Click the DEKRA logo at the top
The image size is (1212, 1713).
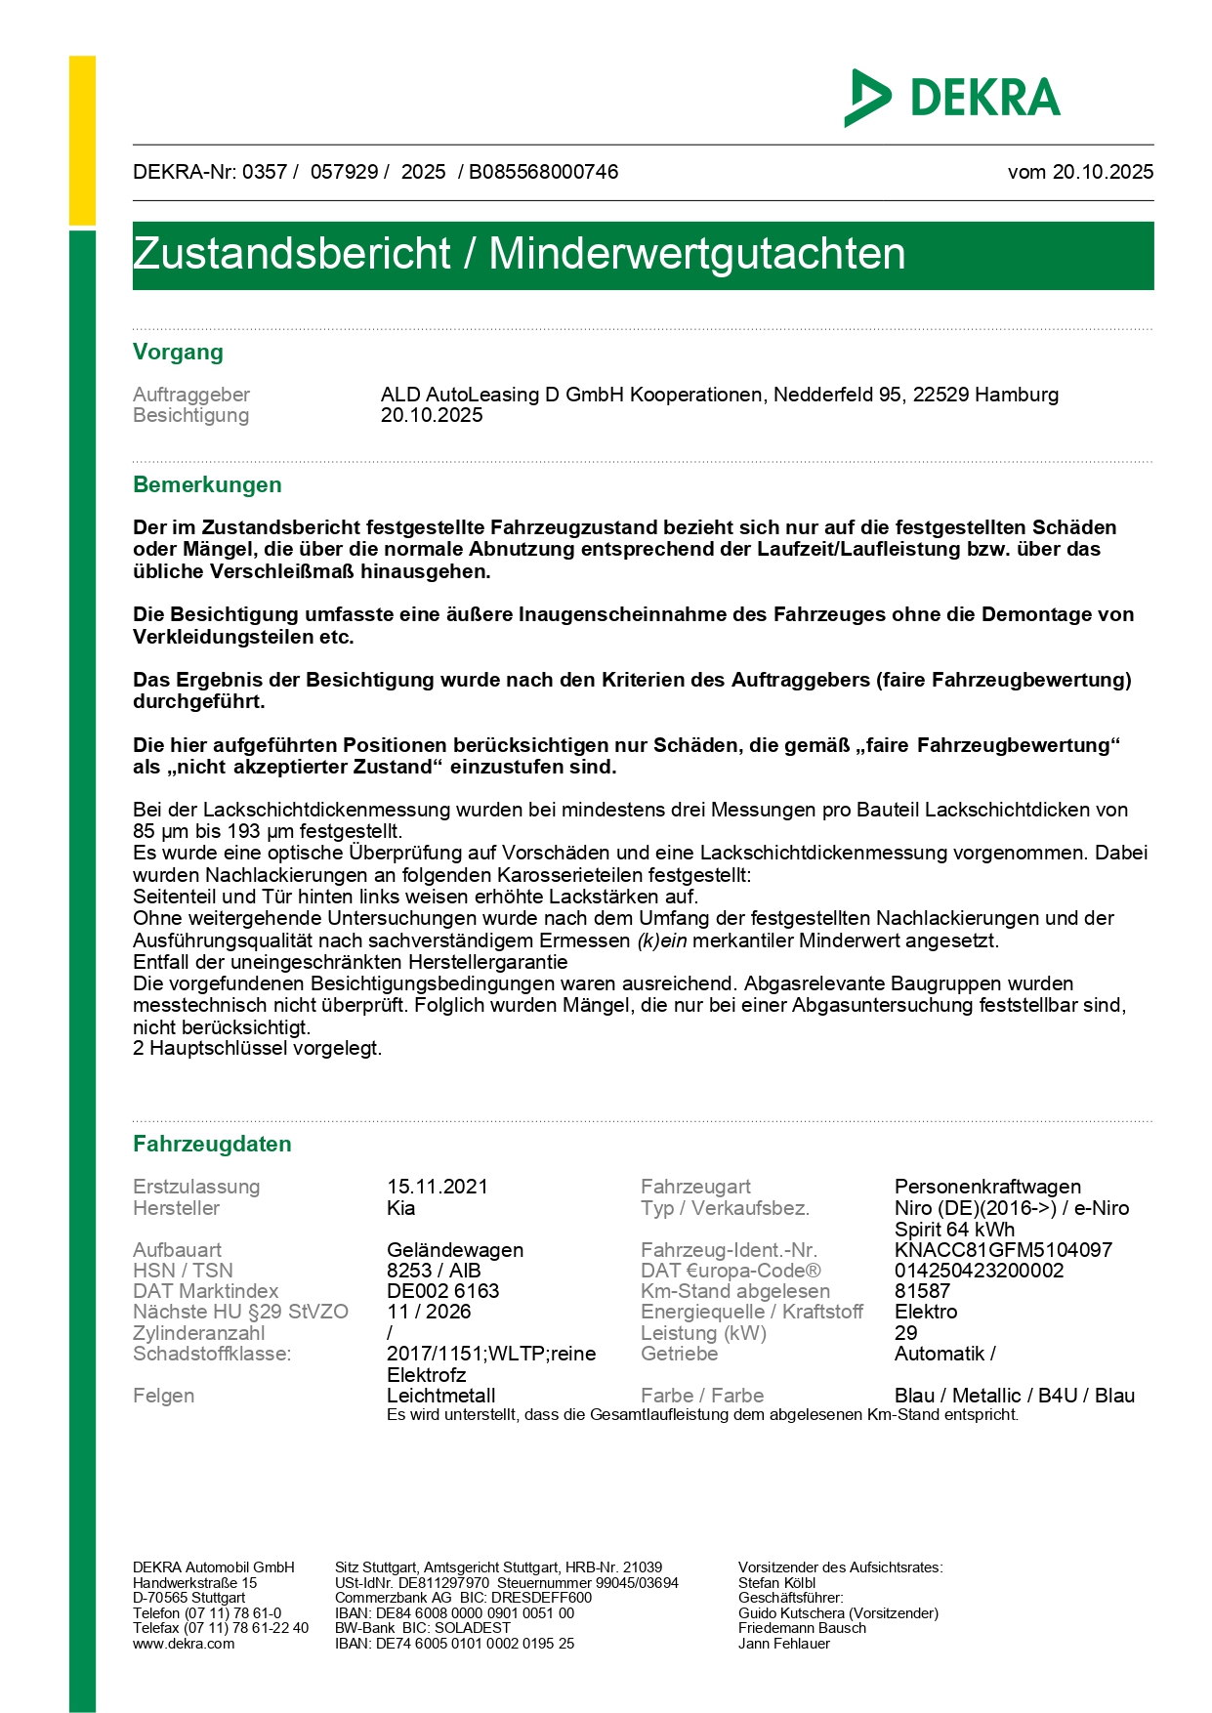point(952,98)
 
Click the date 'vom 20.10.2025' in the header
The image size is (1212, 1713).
point(1080,172)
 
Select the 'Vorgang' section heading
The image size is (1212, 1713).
point(178,353)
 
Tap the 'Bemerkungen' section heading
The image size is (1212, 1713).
point(207,485)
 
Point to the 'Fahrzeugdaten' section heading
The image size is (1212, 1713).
point(212,1145)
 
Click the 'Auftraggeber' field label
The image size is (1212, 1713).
point(191,395)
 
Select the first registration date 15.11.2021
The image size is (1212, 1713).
point(438,1187)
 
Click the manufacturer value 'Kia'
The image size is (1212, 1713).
point(401,1208)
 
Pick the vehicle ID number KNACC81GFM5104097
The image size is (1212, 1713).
point(1003,1250)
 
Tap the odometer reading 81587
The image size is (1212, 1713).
point(922,1291)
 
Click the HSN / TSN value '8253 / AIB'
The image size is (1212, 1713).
point(434,1271)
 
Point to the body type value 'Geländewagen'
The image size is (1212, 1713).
point(455,1250)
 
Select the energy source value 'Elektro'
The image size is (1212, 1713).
point(926,1312)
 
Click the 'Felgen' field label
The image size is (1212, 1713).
point(163,1396)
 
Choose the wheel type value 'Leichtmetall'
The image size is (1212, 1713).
point(441,1396)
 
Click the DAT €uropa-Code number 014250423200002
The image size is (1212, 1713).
point(980,1271)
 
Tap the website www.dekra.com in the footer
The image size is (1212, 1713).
point(184,1644)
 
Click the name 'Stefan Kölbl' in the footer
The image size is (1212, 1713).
point(776,1583)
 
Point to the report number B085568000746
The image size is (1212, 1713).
point(544,172)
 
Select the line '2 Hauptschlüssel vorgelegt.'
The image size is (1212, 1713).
point(258,1049)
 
